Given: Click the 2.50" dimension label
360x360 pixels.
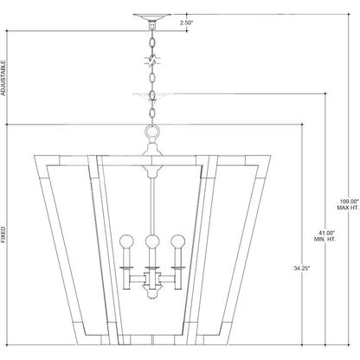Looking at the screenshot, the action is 186,22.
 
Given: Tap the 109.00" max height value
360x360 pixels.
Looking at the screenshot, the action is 349,201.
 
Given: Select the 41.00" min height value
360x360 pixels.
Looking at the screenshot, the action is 326,233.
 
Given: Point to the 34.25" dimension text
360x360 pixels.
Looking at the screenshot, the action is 302,268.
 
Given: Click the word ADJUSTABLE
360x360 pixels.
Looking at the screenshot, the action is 3,78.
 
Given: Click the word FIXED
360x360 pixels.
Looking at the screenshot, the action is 3,235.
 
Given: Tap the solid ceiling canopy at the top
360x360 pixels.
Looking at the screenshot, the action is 152,17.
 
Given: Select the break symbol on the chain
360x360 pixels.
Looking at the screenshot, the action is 152,61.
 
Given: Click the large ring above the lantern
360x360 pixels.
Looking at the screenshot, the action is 152,132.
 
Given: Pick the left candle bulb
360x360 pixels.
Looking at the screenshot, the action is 127,241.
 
